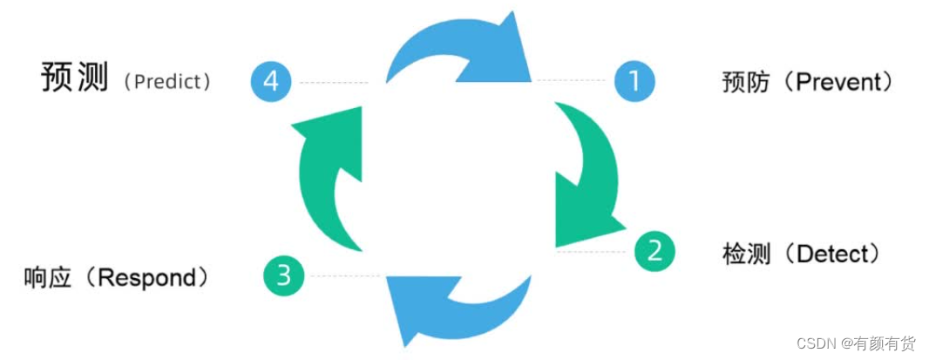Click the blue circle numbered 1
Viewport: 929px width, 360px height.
[x=634, y=81]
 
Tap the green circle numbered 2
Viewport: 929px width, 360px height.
[x=654, y=251]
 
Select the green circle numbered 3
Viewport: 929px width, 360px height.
[x=283, y=276]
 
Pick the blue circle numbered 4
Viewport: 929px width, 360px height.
[x=271, y=82]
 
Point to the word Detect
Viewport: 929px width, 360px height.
[x=832, y=255]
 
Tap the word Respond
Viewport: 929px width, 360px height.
[x=146, y=278]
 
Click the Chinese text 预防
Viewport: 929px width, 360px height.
[x=743, y=83]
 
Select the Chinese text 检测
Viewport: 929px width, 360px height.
[x=743, y=255]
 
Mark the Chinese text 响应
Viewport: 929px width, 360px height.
[x=47, y=278]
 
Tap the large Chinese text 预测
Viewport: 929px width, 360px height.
[x=75, y=78]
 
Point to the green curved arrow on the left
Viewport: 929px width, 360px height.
[x=322, y=183]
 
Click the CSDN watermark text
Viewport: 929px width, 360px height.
[x=815, y=343]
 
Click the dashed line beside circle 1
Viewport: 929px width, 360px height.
[x=571, y=81]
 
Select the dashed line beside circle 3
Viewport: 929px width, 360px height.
[x=342, y=276]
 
